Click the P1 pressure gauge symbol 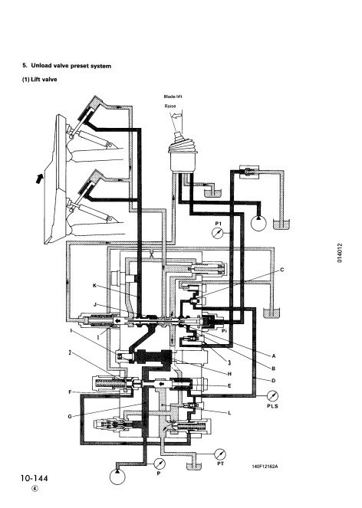pos(217,233)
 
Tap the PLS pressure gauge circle pos(273,396)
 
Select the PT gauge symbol pos(220,454)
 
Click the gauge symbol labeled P pos(160,464)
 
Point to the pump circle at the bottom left pos(117,477)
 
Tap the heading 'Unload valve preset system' pos(71,66)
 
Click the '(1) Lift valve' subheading pos(40,79)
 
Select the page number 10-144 pos(34,478)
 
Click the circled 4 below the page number pos(35,489)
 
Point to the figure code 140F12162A pos(265,467)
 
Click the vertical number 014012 pos(339,253)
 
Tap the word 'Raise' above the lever pos(170,106)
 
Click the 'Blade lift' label pos(173,97)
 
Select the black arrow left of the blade pos(40,179)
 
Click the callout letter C pos(282,270)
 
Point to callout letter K pos(94,286)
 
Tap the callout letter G pos(70,416)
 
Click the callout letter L pos(229,413)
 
